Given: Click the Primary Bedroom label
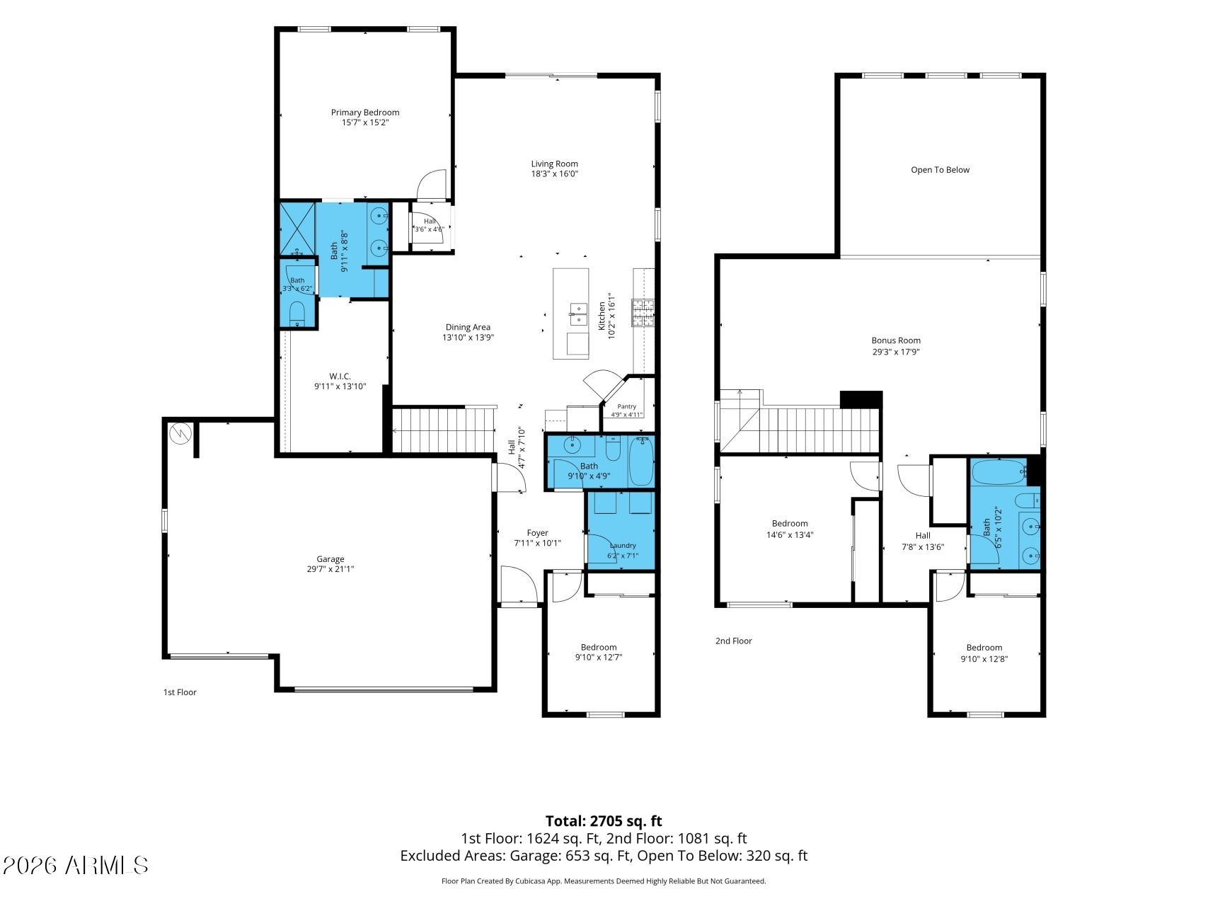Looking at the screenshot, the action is click(365, 113).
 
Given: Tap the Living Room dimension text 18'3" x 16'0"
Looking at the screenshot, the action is click(555, 174).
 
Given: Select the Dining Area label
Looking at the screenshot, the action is click(468, 327).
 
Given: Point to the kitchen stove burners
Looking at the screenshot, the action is click(643, 312).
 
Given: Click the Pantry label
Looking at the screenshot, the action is click(627, 406).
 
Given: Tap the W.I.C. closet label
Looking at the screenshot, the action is click(340, 376).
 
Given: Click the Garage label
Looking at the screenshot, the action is click(330, 559).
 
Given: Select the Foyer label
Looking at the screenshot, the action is click(538, 533).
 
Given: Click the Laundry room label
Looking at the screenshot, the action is click(623, 546).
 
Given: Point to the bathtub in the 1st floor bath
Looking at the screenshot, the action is click(642, 461).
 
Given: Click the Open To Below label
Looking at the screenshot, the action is click(940, 170).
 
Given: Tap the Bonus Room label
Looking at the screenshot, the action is click(896, 340).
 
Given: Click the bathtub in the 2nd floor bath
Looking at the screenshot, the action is click(999, 471).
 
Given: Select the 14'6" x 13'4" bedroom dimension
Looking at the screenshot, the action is click(790, 535).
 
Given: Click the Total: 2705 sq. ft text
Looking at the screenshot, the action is click(604, 821).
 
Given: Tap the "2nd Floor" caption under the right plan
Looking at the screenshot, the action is click(733, 641).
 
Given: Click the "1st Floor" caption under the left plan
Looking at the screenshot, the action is click(180, 692).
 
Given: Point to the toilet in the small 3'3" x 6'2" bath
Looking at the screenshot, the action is click(297, 312).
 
